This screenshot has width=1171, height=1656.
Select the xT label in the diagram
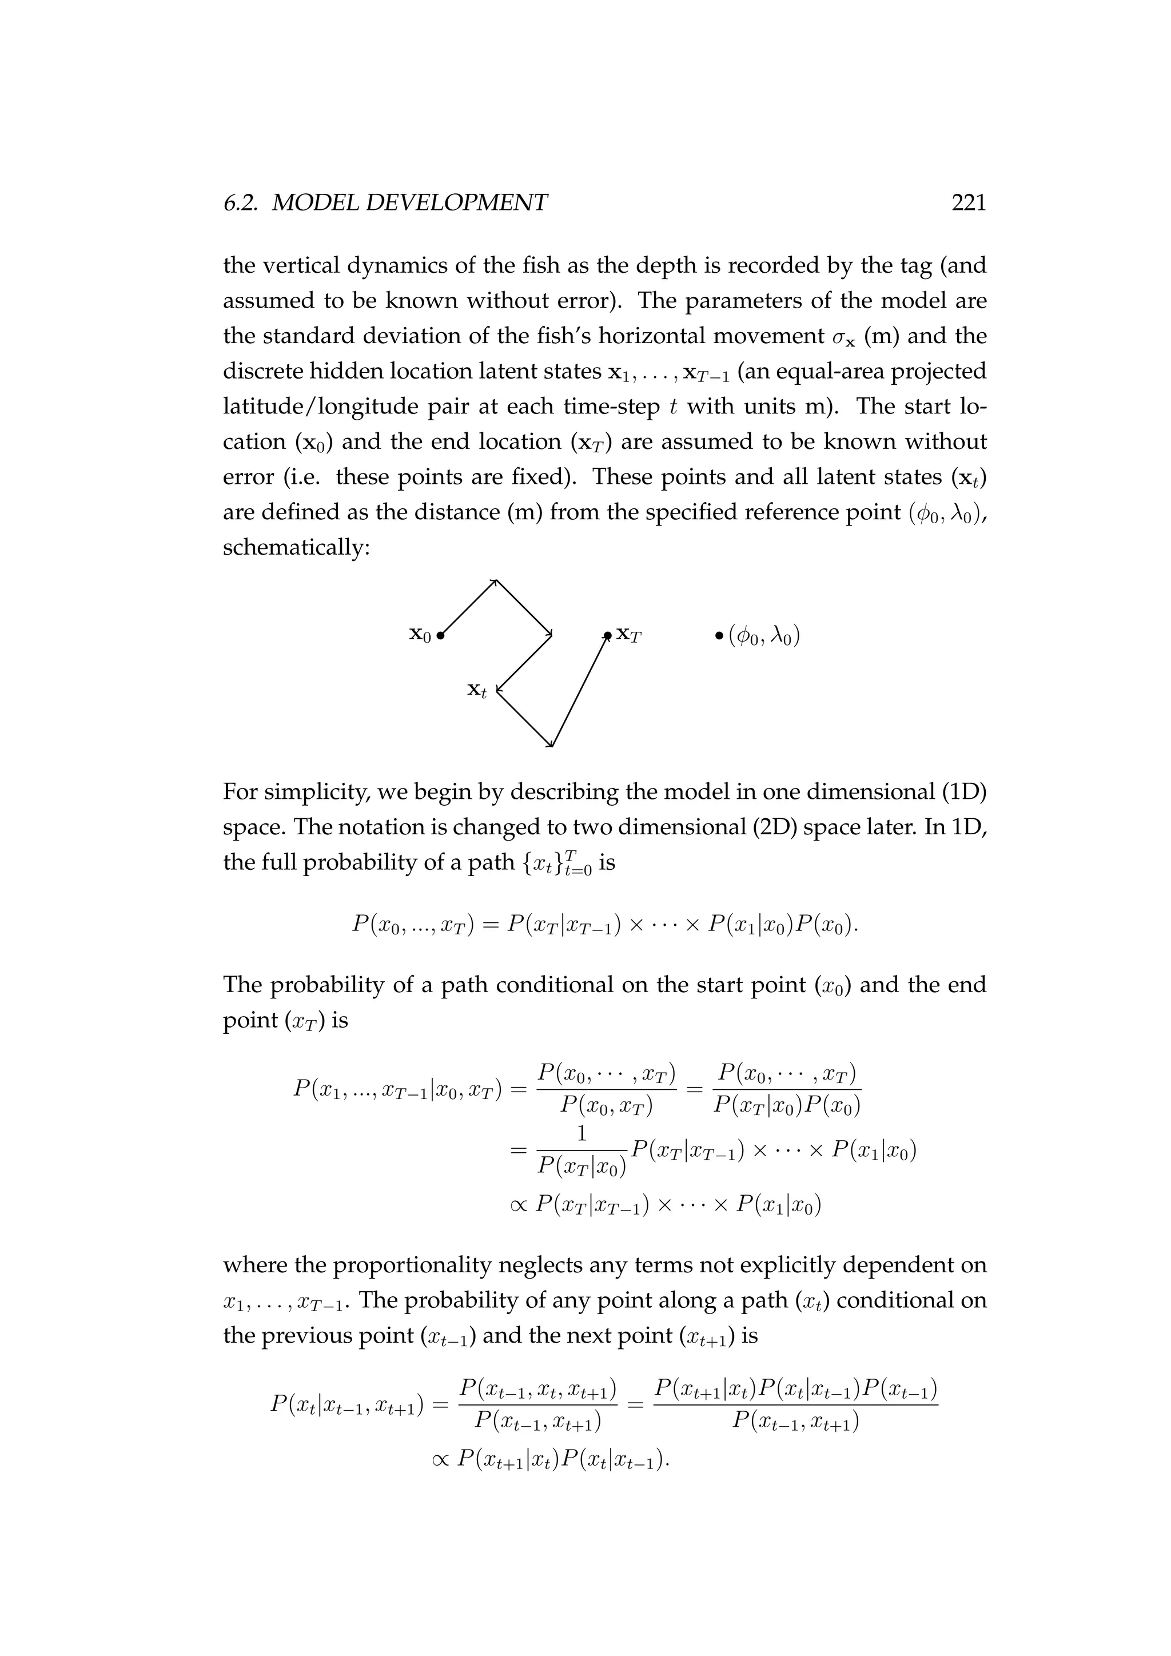coord(628,635)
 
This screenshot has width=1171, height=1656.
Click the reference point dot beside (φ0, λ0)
coord(719,636)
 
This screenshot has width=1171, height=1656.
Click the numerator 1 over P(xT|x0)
coord(581,1134)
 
